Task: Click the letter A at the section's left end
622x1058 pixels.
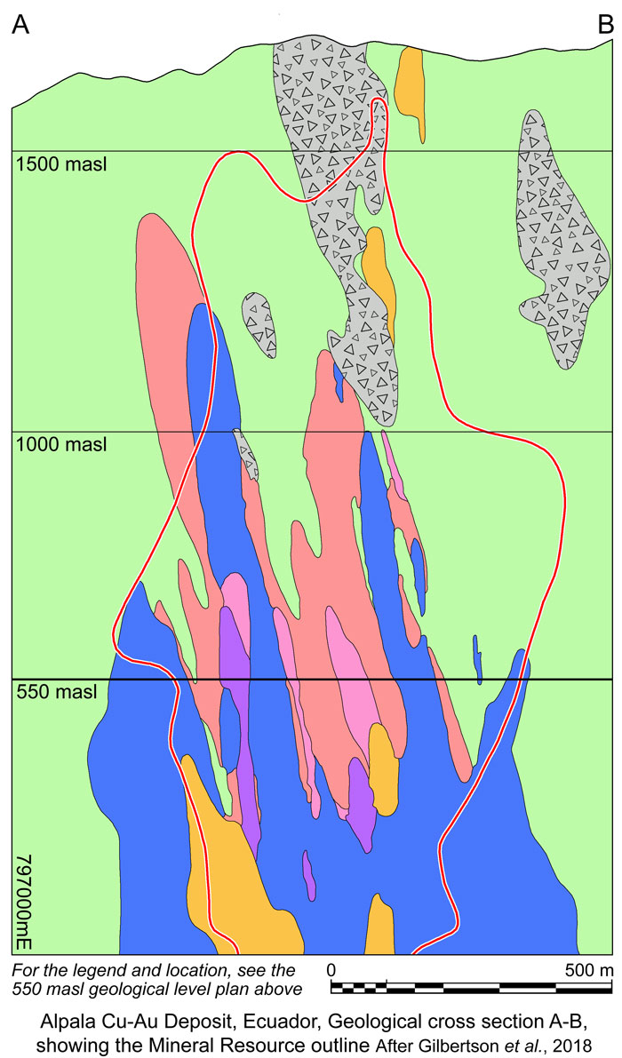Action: (x=22, y=26)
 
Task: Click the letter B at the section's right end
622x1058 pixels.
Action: (x=605, y=26)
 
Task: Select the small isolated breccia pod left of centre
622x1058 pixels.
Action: (x=260, y=323)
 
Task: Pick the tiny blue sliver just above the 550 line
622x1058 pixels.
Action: (x=477, y=657)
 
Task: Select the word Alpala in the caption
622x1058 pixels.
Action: (x=78, y=1015)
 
